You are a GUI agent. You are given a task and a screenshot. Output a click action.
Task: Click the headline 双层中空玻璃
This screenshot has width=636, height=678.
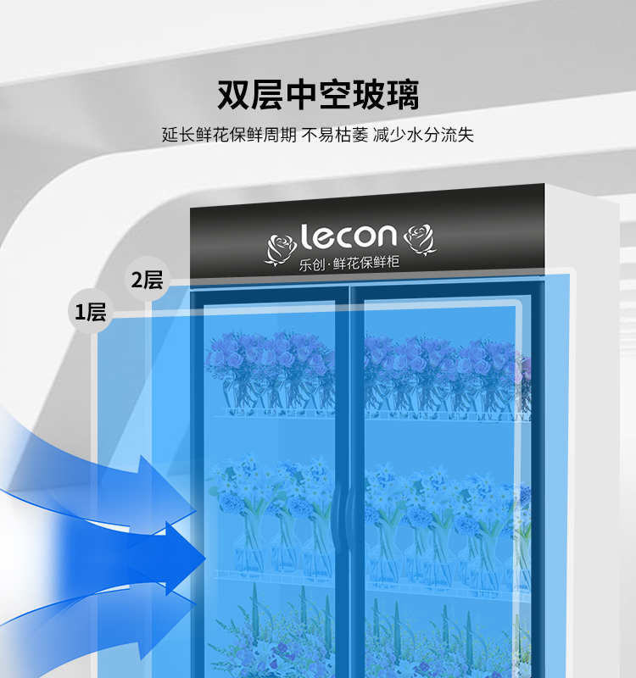[x=318, y=94]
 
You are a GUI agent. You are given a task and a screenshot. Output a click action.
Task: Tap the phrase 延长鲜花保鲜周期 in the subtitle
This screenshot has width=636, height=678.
[x=229, y=135]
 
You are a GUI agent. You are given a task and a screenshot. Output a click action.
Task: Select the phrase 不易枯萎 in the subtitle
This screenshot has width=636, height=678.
[x=334, y=135]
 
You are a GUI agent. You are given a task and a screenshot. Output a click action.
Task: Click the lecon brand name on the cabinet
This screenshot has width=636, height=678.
[x=349, y=236]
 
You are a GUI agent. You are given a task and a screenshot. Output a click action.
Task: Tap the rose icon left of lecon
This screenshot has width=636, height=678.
[x=282, y=245]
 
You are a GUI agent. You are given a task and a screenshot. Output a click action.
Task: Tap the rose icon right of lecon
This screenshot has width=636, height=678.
[x=420, y=238]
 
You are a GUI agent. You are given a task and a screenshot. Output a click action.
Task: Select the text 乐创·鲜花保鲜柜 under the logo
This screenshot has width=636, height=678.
[x=349, y=262]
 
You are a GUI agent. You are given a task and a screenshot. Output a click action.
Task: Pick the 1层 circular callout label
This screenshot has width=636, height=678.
[x=90, y=312]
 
